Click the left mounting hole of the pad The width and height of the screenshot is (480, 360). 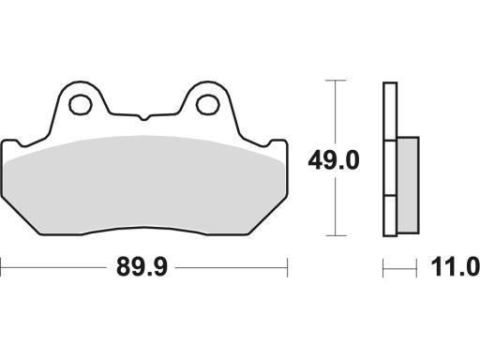coord(80,105)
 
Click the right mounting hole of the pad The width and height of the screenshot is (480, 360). coord(207,105)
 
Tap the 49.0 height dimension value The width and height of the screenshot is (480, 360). coord(334,161)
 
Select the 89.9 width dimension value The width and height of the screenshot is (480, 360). coord(142,267)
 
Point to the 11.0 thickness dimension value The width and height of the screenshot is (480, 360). coord(455,267)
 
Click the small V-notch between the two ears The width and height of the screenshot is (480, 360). coord(143,118)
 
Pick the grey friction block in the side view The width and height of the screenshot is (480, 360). coord(408,185)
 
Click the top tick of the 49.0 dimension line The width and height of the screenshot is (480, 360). coord(336,81)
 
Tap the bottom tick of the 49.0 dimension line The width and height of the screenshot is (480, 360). coord(336,235)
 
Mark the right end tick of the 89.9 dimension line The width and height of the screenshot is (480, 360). coord(287,267)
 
